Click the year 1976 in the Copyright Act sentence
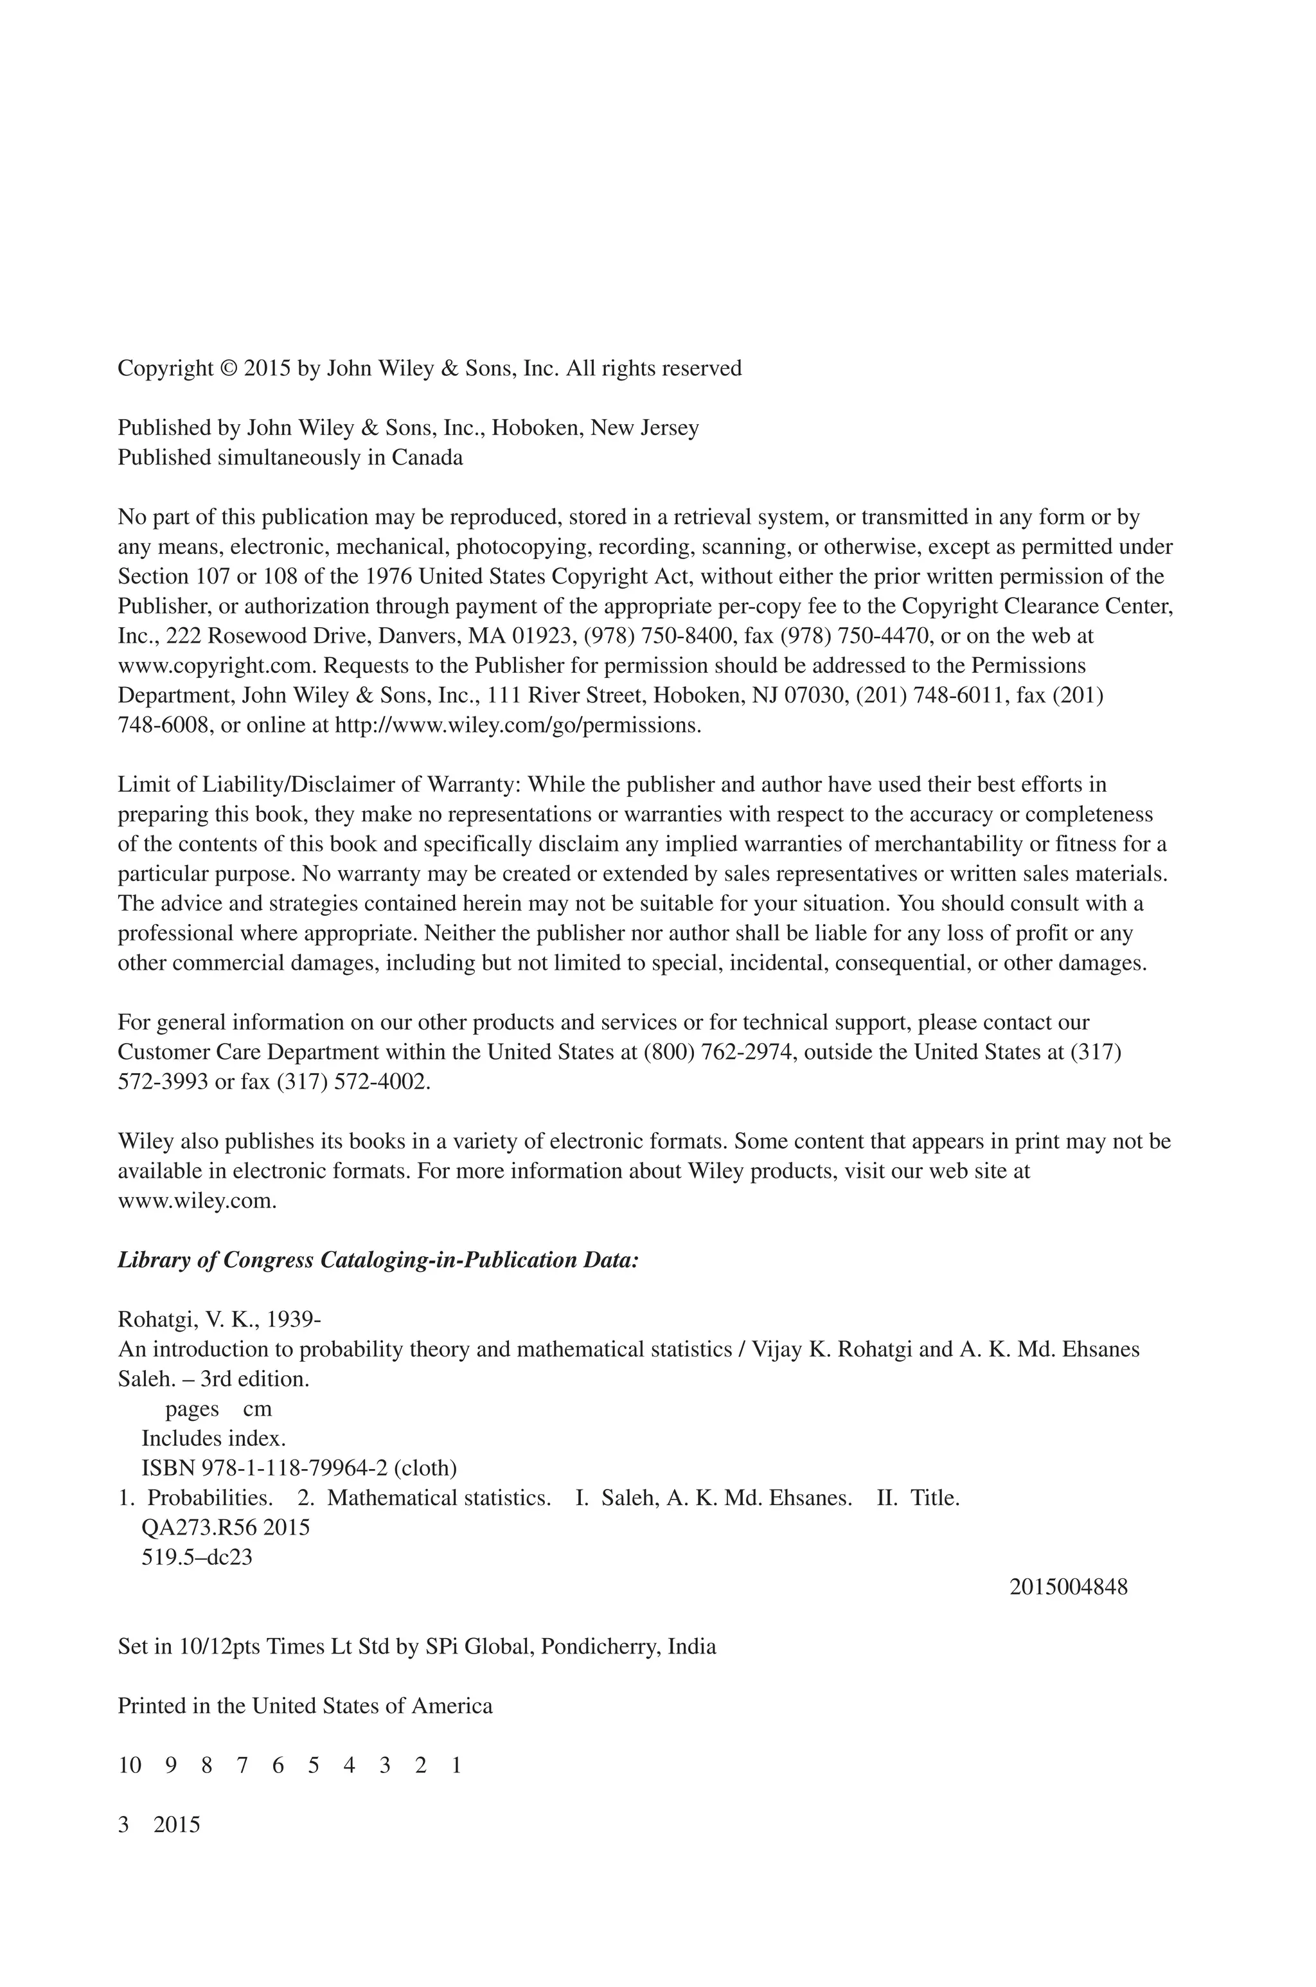(389, 576)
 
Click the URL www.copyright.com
(217, 666)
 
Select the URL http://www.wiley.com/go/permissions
(517, 725)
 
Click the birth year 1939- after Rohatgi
(294, 1320)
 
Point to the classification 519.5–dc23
(197, 1557)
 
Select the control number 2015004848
(1069, 1587)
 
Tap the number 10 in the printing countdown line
(129, 1765)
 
